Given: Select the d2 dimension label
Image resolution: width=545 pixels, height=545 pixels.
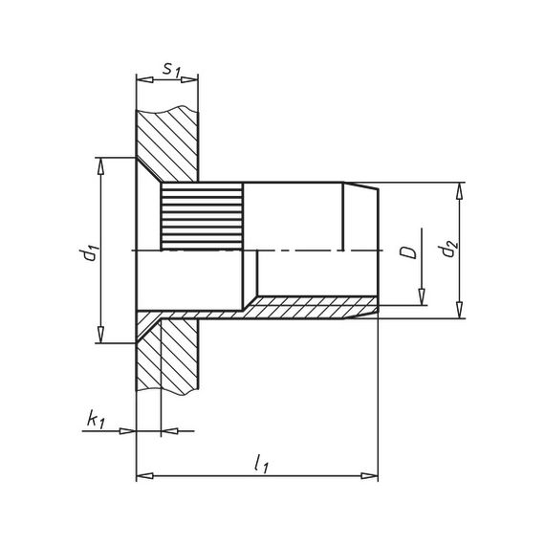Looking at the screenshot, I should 446,251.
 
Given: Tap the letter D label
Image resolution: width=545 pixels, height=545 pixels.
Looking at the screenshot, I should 406,252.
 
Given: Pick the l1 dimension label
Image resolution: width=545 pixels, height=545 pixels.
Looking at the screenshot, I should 259,462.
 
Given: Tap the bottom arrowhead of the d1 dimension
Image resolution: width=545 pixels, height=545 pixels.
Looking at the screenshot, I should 100,336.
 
